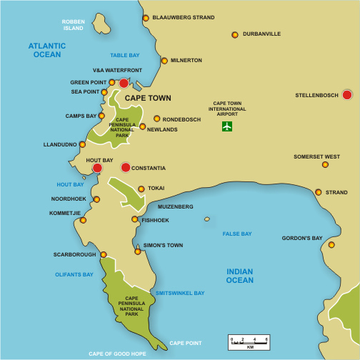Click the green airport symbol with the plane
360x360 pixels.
tap(227, 127)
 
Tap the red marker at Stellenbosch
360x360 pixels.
tap(347, 95)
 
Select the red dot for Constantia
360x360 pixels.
tap(126, 168)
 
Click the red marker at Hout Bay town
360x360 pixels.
tap(97, 169)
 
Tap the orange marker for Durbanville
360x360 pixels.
tap(234, 34)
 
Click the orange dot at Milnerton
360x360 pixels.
tap(164, 61)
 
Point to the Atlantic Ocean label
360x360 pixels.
tap(47, 50)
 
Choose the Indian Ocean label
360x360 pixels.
tap(239, 276)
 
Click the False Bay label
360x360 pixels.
tap(236, 234)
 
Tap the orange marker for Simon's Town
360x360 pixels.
tap(138, 251)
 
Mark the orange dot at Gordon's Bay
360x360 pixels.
tap(331, 245)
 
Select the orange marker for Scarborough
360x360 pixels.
tap(104, 254)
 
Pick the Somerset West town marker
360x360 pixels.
tap(325, 164)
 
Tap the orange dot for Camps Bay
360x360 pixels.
tap(101, 116)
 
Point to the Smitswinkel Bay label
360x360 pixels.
tap(180, 293)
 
